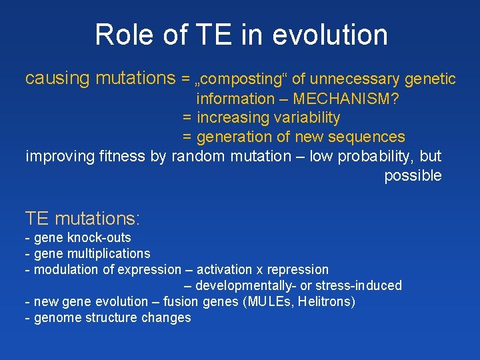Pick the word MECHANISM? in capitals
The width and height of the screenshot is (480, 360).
click(x=346, y=99)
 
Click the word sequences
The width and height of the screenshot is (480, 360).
click(x=371, y=137)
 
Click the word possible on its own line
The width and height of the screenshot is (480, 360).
click(x=413, y=176)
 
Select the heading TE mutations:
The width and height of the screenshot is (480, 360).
click(x=82, y=218)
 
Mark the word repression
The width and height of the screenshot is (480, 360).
click(x=297, y=270)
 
